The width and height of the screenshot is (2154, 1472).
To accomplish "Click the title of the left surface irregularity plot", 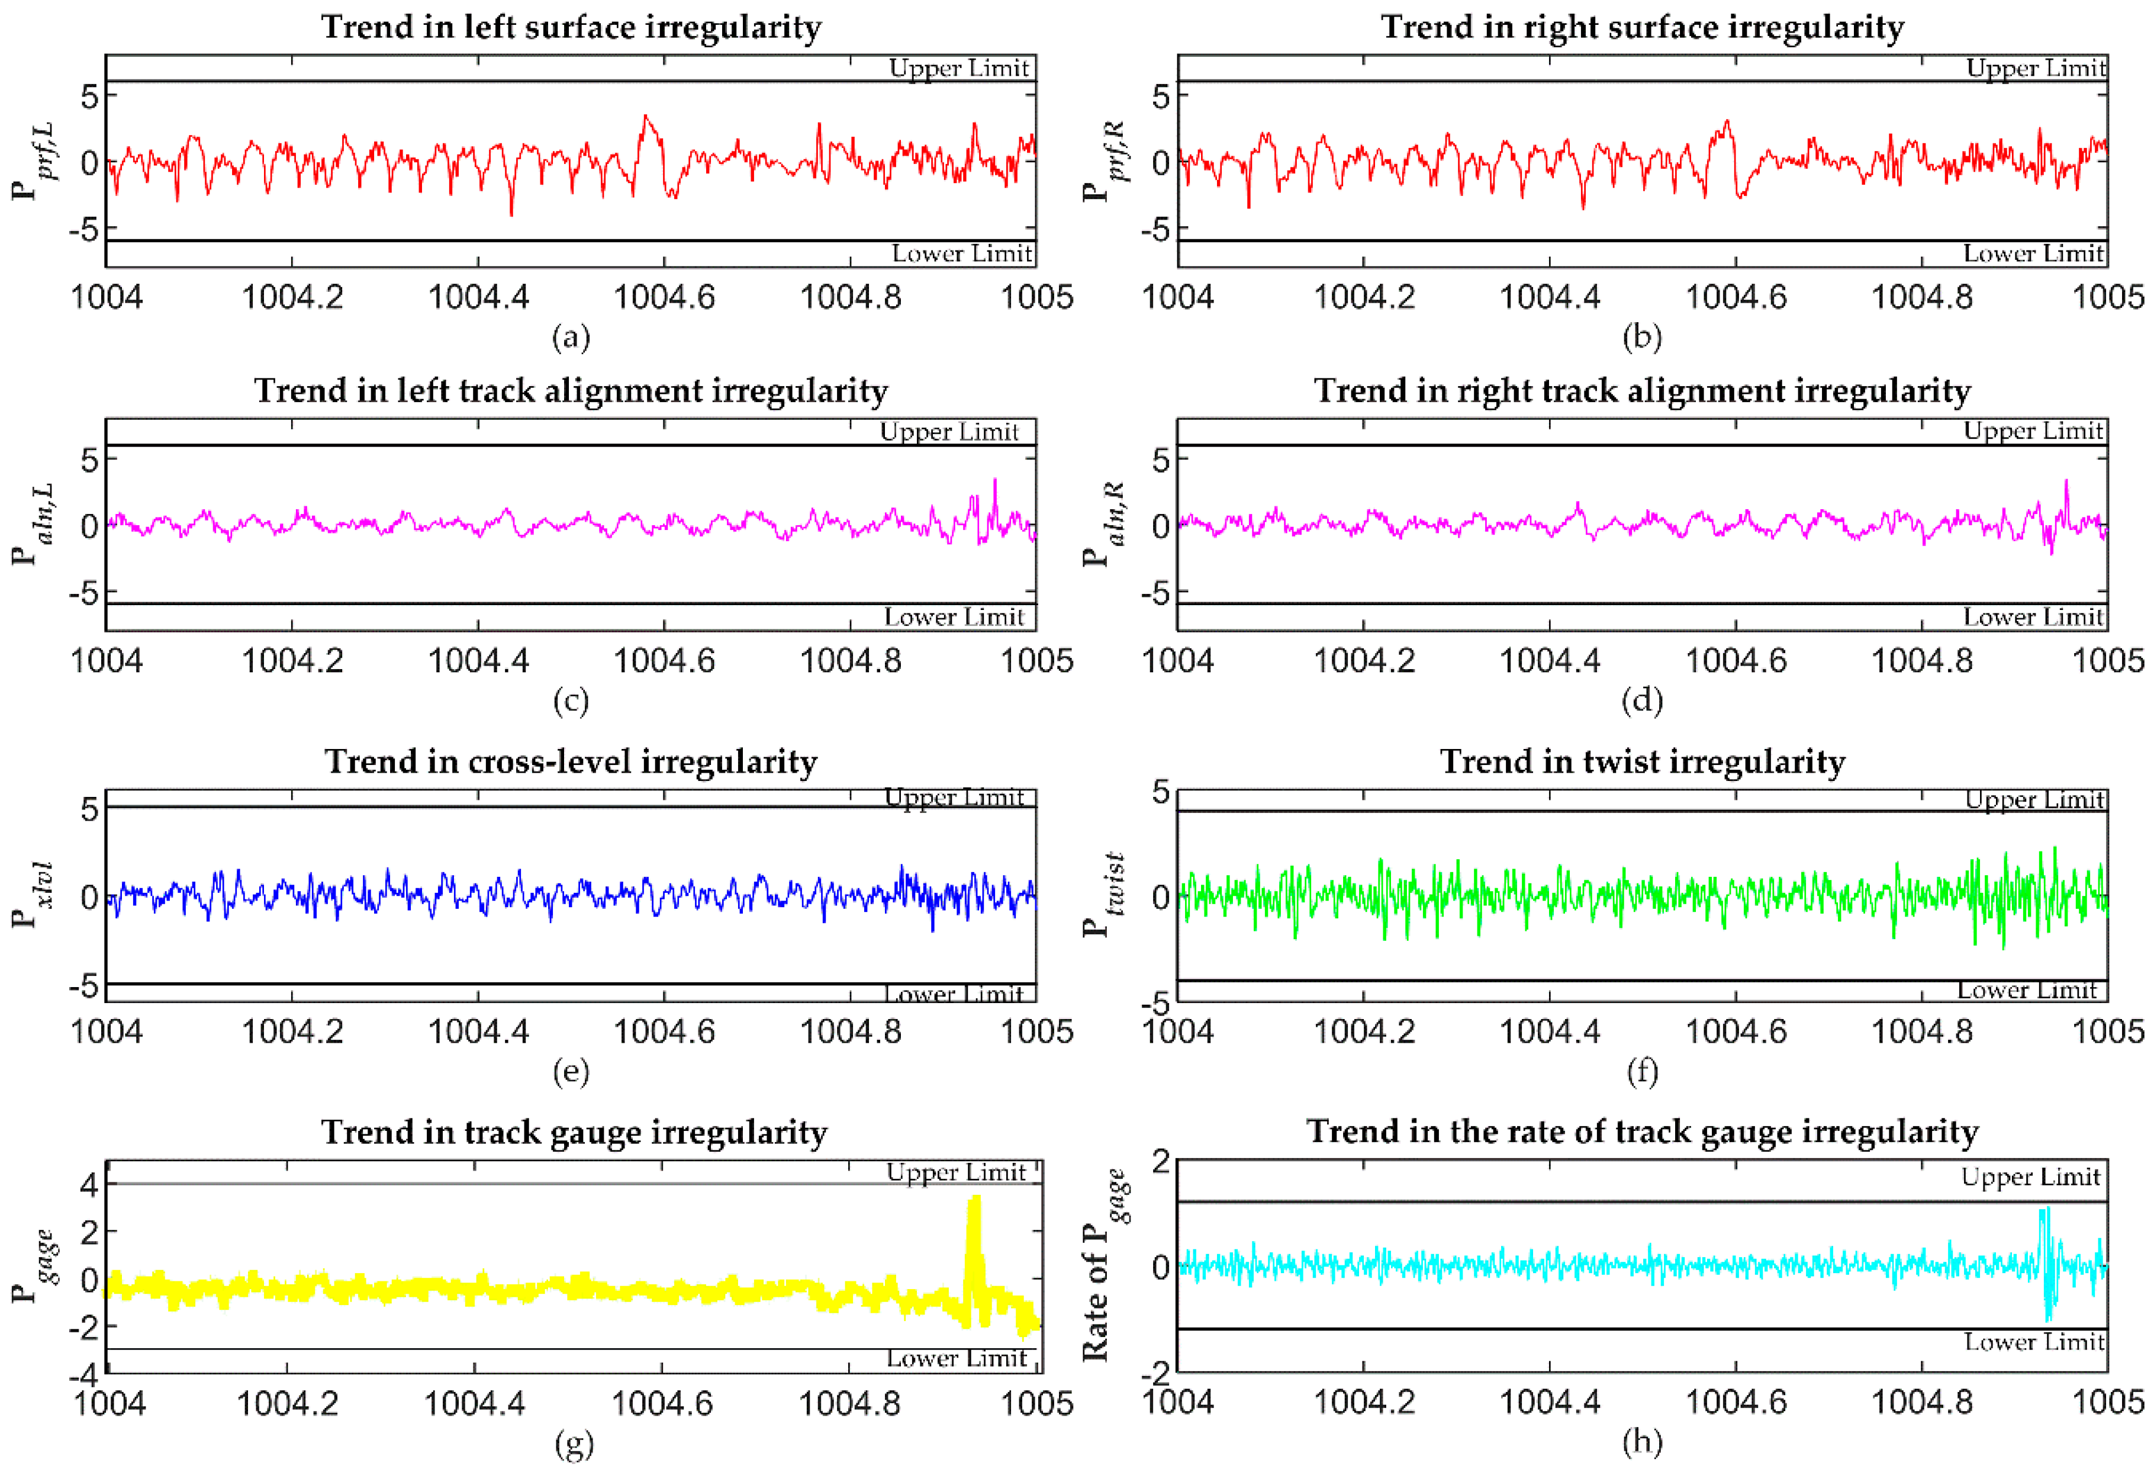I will [x=571, y=27].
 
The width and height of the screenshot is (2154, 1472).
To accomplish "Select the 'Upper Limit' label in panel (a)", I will [x=958, y=68].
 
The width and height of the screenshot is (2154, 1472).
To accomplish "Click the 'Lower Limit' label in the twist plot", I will [x=2026, y=990].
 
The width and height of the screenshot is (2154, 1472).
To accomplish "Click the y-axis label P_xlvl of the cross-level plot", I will [x=36, y=895].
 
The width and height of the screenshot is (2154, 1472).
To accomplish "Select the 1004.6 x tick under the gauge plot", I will [x=662, y=1403].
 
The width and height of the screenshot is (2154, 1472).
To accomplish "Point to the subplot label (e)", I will [x=571, y=1072].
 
